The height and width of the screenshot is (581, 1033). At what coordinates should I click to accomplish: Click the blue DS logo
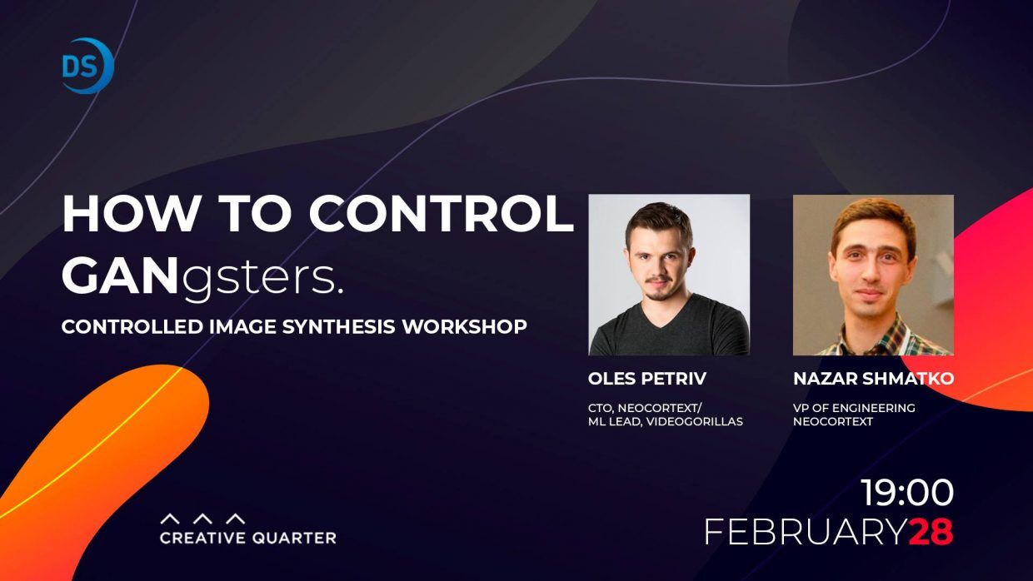(87, 66)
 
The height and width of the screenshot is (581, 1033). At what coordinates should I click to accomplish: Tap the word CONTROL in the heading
(441, 214)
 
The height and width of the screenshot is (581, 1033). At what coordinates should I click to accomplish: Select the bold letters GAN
(120, 278)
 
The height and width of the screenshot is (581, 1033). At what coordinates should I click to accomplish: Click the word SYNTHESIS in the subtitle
(338, 326)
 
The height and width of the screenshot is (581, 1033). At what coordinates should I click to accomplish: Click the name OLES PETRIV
(647, 379)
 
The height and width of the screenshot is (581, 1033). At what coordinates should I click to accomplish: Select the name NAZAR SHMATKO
(873, 379)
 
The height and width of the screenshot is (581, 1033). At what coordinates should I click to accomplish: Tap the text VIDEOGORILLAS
(695, 421)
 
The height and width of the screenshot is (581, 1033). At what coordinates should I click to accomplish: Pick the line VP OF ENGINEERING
(854, 408)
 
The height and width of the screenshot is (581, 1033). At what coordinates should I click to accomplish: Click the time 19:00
(907, 493)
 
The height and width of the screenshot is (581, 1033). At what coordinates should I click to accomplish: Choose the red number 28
(931, 532)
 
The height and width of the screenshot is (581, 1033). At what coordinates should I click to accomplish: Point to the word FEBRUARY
(806, 532)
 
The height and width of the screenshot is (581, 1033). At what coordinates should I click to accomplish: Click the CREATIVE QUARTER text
(248, 538)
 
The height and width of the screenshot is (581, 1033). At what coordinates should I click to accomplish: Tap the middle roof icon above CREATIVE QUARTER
(203, 519)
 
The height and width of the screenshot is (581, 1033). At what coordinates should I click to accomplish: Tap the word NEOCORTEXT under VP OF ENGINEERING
(833, 421)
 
